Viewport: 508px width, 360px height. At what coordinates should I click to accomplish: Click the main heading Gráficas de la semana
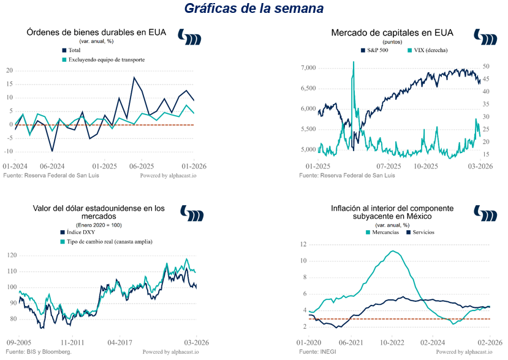pyautogui.click(x=254, y=9)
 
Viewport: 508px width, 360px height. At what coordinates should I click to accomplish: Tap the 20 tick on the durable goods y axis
pyautogui.click(x=9, y=70)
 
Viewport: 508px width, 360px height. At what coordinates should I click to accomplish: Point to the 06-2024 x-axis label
pyautogui.click(x=52, y=166)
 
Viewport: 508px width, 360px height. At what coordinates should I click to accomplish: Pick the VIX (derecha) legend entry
pyautogui.click(x=426, y=50)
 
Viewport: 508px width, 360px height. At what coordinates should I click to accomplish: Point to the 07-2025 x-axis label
pyautogui.click(x=389, y=166)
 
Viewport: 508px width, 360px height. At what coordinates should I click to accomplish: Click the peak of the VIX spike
pyautogui.click(x=353, y=62)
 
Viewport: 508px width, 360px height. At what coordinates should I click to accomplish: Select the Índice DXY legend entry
pyautogui.click(x=81, y=232)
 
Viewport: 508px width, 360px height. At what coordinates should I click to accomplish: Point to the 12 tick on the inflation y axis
pyautogui.click(x=303, y=244)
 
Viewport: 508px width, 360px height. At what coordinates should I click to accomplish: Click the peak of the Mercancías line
pyautogui.click(x=395, y=251)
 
